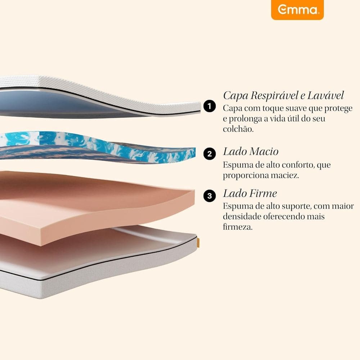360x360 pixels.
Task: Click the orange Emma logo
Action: pos(297,10)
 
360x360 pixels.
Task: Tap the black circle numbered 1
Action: pos(210,106)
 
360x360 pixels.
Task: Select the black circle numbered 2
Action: pos(210,154)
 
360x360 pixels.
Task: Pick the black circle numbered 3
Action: pos(210,196)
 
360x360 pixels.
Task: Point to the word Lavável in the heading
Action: pos(325,95)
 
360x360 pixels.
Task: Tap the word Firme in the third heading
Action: pos(263,194)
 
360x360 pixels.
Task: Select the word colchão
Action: pos(238,129)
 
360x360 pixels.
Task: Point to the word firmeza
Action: pos(238,227)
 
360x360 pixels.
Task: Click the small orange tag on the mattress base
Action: pos(198,243)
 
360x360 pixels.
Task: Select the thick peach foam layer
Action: pos(96,207)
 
